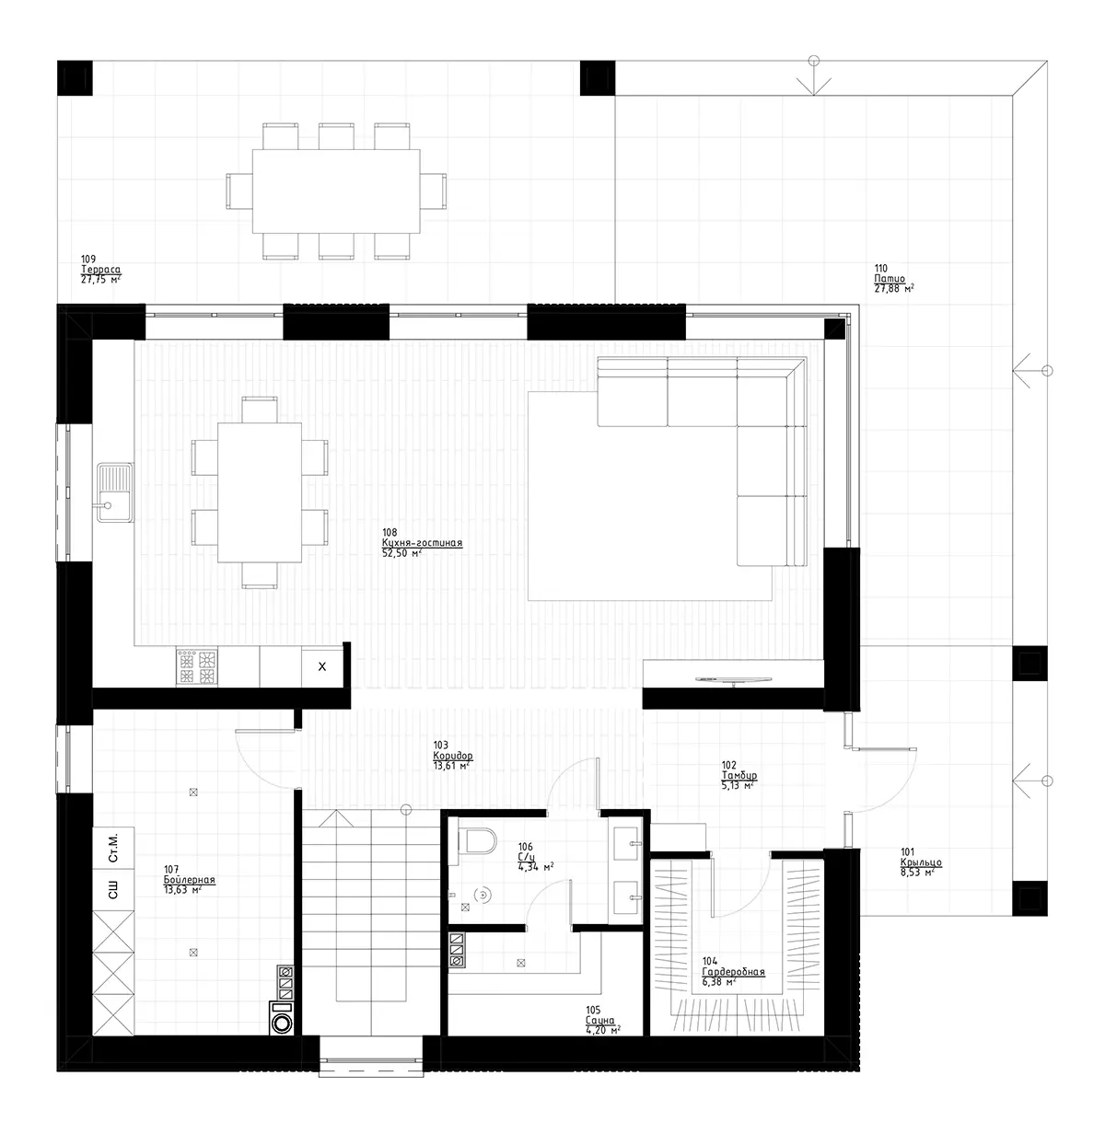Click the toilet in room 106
click(x=478, y=839)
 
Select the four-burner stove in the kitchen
click(x=197, y=667)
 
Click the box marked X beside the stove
click(x=321, y=667)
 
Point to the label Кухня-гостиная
click(x=422, y=543)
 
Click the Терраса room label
click(x=101, y=270)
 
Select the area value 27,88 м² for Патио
click(x=893, y=289)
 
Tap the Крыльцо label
click(x=920, y=862)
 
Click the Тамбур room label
click(x=739, y=775)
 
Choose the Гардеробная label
click(x=733, y=972)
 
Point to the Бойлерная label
click(x=189, y=880)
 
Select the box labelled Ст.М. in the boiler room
click(x=113, y=847)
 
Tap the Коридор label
click(x=452, y=755)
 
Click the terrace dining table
click(x=336, y=191)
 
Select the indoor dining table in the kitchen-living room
click(x=260, y=492)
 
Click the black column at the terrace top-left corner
click(x=75, y=77)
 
